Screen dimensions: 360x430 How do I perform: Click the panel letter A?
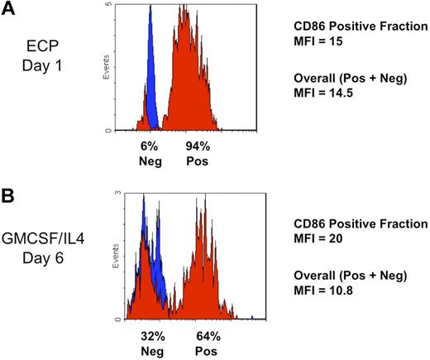point(10,13)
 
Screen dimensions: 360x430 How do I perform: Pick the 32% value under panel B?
point(149,336)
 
